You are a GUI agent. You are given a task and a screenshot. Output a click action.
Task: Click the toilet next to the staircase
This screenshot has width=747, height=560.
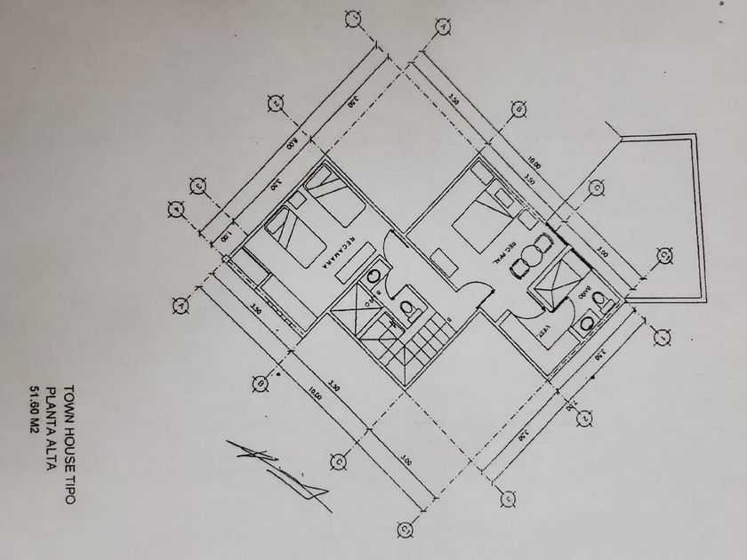410,310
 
